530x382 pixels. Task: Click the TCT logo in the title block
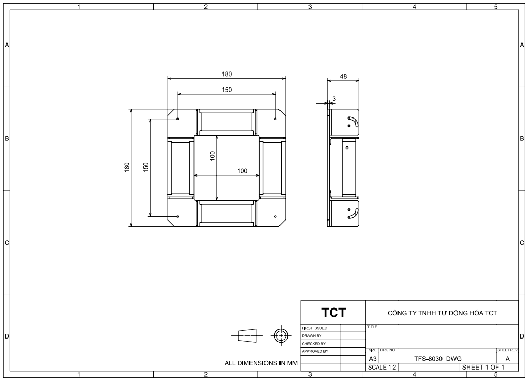334,313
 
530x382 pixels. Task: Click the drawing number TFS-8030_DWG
438,359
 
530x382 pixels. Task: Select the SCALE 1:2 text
382,368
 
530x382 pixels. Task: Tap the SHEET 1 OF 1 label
483,368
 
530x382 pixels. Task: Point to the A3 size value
373,359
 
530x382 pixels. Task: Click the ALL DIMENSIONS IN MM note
261,363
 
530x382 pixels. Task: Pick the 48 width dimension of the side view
343,77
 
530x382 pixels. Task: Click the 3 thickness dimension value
334,99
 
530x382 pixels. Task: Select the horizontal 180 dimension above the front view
227,74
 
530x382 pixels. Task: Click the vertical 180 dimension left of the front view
127,167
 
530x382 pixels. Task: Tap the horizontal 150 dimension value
227,90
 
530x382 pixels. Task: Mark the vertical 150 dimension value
146,167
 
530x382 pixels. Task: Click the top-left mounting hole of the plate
178,119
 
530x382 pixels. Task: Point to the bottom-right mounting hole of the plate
275,217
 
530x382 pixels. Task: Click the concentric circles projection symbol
281,336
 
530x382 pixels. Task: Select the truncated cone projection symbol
247,336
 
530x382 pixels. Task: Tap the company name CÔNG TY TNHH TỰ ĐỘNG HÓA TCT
442,313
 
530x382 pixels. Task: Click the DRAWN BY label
312,336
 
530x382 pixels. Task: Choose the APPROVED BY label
315,351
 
